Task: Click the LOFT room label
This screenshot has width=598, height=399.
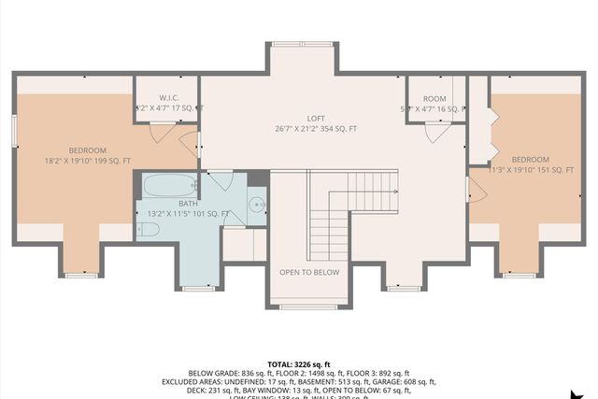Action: coord(316,117)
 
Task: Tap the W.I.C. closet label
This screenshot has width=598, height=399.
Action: coord(169,97)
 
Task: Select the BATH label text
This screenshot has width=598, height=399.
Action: coord(188,204)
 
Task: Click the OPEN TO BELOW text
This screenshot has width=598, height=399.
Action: coord(308,273)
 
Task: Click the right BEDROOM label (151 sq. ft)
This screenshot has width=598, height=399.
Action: coord(530,159)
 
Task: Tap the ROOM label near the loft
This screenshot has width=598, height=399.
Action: coord(435,98)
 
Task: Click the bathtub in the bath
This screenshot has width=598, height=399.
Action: coord(169,184)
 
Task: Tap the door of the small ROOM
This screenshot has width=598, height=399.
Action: coord(435,131)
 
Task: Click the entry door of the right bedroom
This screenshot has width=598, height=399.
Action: coord(476,192)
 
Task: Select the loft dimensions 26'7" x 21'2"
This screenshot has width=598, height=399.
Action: coord(316,128)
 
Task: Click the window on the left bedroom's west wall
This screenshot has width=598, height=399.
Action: coord(15,130)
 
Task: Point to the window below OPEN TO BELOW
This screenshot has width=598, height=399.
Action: coord(308,306)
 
